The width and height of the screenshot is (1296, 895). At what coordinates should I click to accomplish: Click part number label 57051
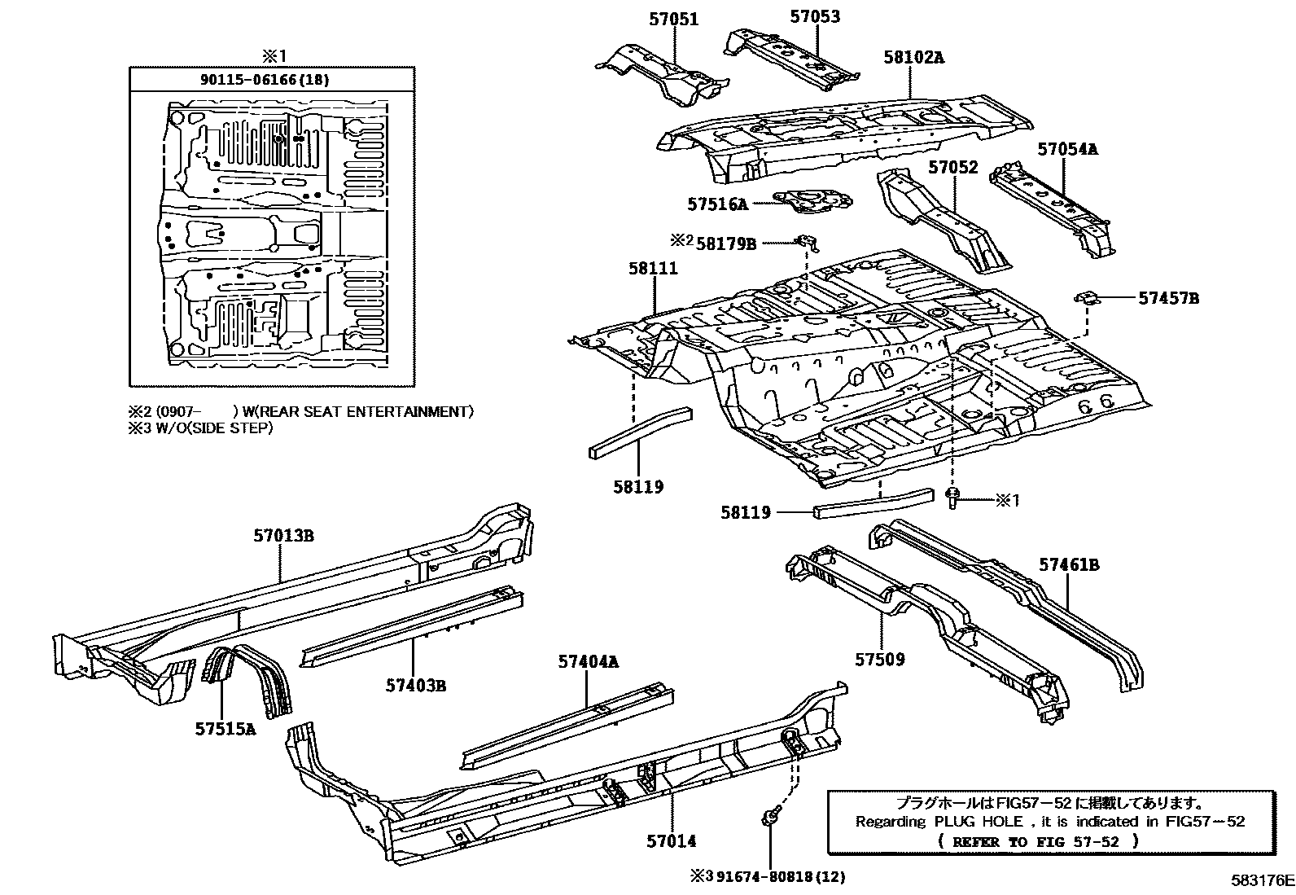673,19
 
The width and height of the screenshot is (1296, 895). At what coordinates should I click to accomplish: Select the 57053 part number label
815,16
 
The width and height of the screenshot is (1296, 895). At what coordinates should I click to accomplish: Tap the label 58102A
913,57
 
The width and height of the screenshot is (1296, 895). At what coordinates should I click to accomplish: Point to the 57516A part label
717,204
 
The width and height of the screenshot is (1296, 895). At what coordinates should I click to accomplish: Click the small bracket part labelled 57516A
813,202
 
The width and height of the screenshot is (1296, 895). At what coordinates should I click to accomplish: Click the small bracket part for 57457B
1087,297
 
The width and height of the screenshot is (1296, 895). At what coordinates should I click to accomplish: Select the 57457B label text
1169,299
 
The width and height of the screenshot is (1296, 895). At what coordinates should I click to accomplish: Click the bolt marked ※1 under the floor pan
951,498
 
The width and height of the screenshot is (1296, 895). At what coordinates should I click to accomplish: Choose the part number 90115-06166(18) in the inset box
265,79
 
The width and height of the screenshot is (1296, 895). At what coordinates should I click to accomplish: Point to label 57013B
283,536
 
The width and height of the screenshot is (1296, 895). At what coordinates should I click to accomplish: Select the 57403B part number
416,686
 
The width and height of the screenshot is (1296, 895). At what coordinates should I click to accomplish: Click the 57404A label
588,661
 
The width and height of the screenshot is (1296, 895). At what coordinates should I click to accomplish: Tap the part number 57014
671,841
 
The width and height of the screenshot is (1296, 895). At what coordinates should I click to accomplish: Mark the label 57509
880,660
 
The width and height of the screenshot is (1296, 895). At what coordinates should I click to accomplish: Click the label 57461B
1069,564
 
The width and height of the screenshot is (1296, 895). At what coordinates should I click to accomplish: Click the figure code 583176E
1262,880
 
